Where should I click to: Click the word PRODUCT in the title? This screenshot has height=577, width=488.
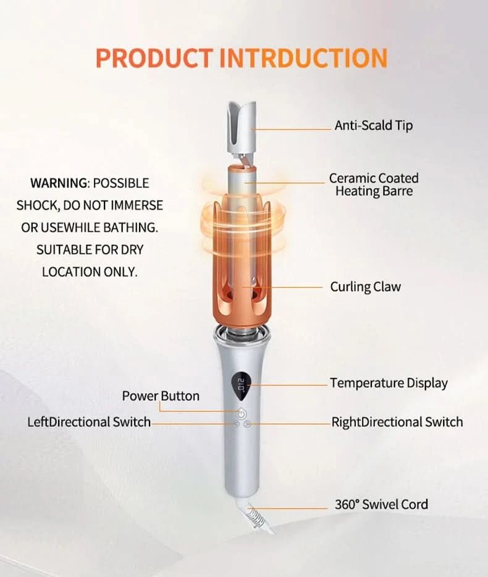[x=155, y=58]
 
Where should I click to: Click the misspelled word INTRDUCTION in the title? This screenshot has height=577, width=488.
[x=303, y=58]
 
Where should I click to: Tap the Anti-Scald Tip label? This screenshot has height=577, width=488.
[x=373, y=126]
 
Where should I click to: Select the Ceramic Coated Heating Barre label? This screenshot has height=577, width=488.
[x=373, y=184]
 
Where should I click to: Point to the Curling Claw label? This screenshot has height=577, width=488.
[x=365, y=287]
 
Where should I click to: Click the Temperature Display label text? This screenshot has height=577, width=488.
[x=389, y=383]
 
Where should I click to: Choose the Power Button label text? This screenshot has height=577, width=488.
[x=161, y=396]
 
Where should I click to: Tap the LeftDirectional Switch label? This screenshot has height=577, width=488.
[x=89, y=422]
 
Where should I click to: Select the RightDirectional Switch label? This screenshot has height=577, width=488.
[x=397, y=422]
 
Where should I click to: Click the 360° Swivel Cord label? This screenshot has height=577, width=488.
[x=381, y=504]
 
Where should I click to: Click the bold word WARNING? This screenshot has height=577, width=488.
[x=59, y=183]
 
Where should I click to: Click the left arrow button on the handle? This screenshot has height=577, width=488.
[x=235, y=425]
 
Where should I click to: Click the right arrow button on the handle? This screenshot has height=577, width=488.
[x=246, y=425]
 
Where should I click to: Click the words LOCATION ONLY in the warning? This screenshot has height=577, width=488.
[x=90, y=271]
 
